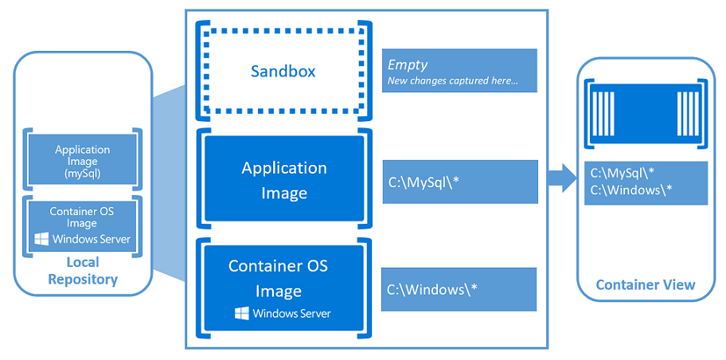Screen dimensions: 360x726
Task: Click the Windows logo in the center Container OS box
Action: [x=242, y=313]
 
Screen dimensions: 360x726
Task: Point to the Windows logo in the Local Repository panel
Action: [x=43, y=239]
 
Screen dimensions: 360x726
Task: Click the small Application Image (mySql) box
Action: [x=83, y=160]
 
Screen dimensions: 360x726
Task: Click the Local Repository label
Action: [x=83, y=271]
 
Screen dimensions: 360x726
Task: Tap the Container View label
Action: [x=646, y=284]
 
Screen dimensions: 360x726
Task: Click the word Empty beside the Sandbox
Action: [x=408, y=65]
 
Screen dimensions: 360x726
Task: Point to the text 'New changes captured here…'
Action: [x=452, y=81]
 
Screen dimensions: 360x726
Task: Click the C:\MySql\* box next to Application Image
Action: [x=459, y=182]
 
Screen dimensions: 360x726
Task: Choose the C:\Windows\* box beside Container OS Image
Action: [x=459, y=289]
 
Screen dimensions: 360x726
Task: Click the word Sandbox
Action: [x=283, y=71]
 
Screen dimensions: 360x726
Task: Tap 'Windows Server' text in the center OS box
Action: [x=291, y=313]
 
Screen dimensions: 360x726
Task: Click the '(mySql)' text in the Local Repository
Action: [x=83, y=173]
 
